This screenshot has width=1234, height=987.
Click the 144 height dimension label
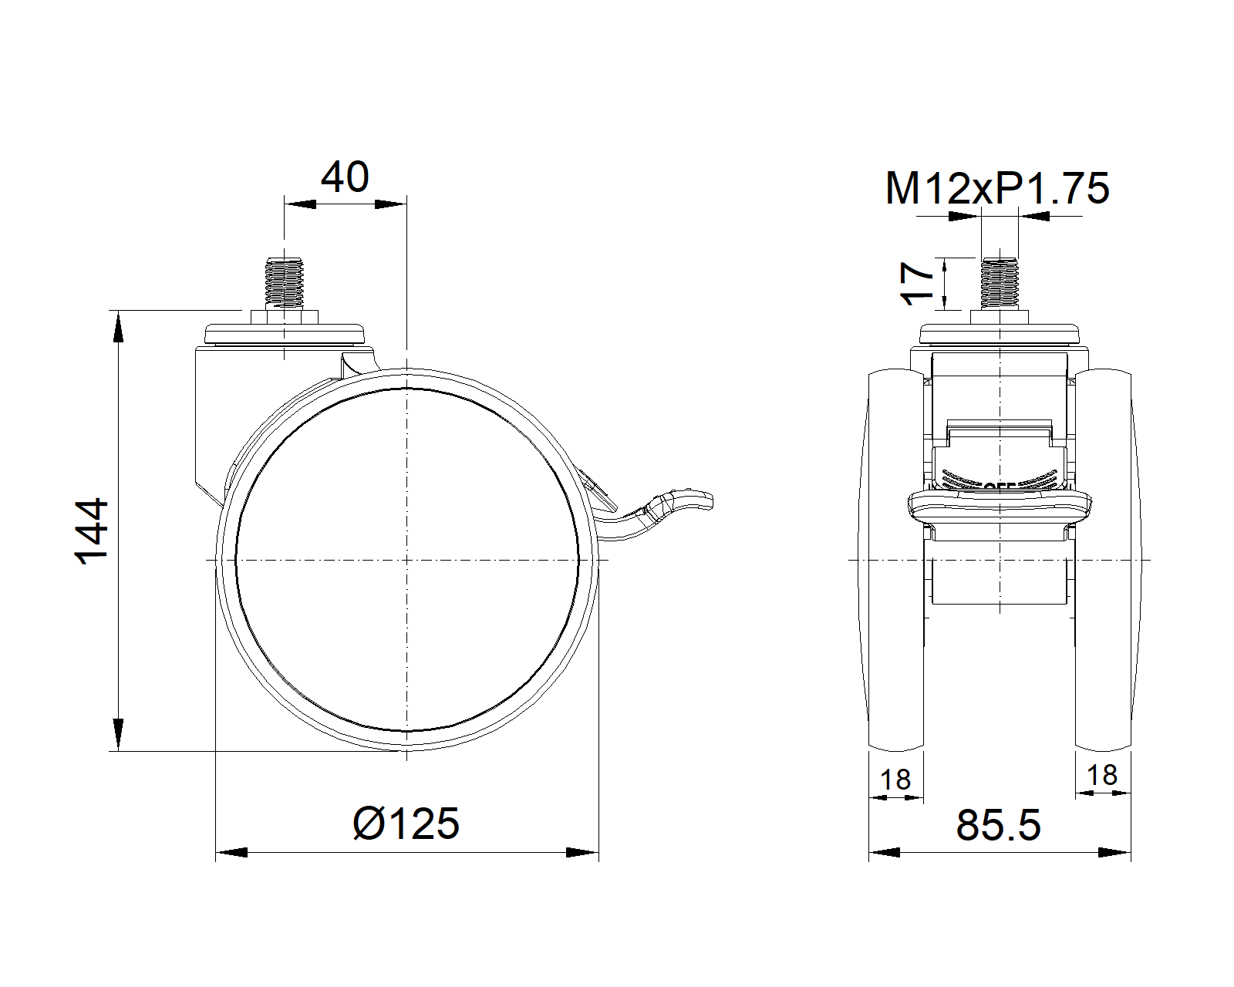pos(92,531)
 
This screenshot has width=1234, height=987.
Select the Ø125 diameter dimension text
pos(406,824)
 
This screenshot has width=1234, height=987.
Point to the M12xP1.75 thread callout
pos(997,188)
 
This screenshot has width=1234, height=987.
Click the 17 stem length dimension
pos(918,283)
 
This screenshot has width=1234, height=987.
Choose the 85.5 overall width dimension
pos(998,826)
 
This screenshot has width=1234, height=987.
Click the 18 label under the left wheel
pos(895,780)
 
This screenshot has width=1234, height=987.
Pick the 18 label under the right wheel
pos(1101,776)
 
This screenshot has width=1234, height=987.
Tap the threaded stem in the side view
pos(284,283)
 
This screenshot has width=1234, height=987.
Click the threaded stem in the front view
pos(1000,283)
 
